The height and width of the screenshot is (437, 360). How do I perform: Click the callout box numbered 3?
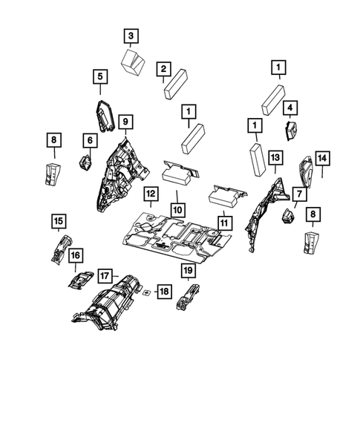131,36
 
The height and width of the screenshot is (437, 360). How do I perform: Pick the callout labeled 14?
323,158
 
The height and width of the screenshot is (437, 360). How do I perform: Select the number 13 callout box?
275,158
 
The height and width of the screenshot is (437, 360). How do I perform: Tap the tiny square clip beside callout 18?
148,292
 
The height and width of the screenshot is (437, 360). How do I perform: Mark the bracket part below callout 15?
59,246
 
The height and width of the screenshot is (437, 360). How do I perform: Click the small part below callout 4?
291,133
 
